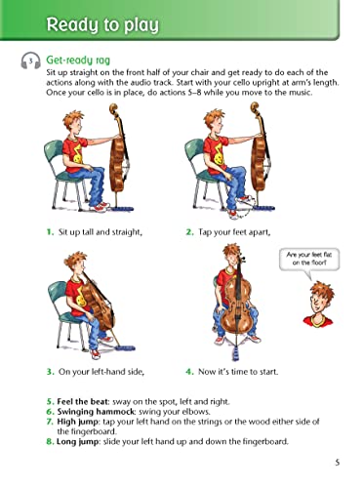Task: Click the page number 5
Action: point(337,463)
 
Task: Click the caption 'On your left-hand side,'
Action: point(100,372)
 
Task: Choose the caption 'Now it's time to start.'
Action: point(244,372)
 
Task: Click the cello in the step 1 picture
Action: point(124,167)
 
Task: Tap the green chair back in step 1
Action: point(53,156)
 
